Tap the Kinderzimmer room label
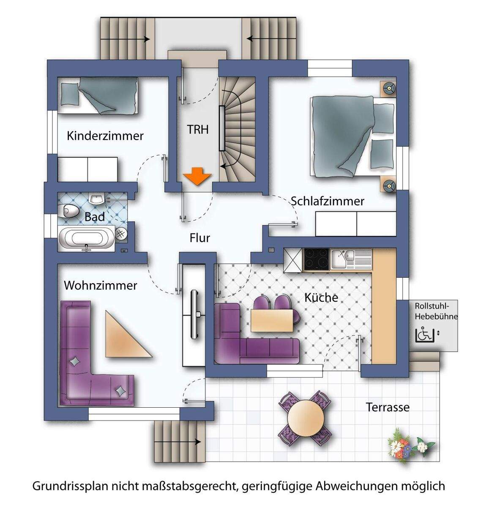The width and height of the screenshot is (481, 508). pyautogui.click(x=105, y=136)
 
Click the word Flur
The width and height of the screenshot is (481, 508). pyautogui.click(x=200, y=238)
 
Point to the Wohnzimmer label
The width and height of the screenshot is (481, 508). pyautogui.click(x=100, y=285)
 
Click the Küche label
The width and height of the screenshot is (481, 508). pyautogui.click(x=321, y=298)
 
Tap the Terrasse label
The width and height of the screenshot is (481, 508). pyautogui.click(x=387, y=407)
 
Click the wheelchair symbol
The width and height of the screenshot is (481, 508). pyautogui.click(x=425, y=335)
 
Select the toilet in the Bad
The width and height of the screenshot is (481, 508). pyautogui.click(x=69, y=210)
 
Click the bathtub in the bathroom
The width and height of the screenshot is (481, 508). pyautogui.click(x=87, y=238)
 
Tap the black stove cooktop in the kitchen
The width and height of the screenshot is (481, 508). pyautogui.click(x=316, y=259)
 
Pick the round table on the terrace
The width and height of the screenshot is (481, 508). pyautogui.click(x=305, y=416)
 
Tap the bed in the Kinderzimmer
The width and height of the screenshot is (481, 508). pyautogui.click(x=98, y=96)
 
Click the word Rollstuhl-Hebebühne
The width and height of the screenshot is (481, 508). pyautogui.click(x=436, y=311)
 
